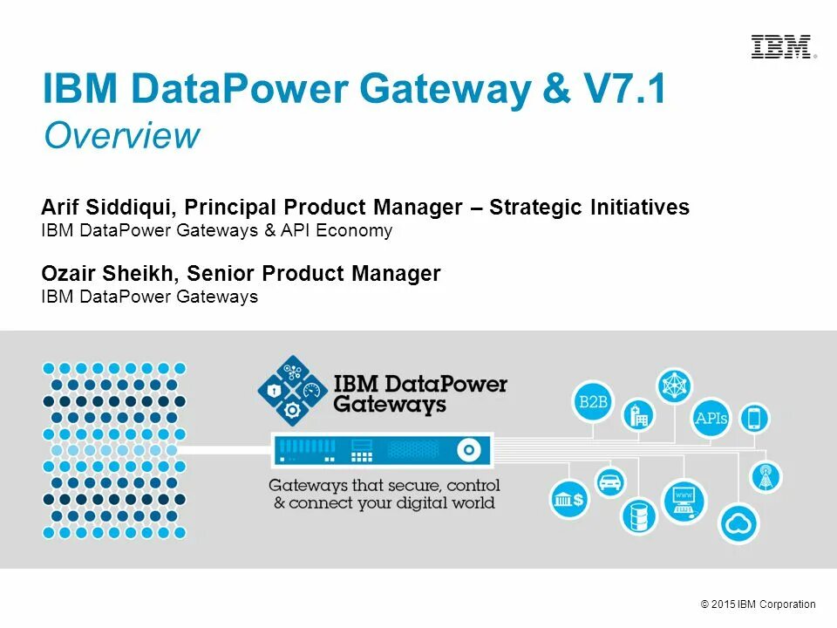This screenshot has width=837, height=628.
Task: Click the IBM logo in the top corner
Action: point(782,47)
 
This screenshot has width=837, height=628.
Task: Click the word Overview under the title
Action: point(122,136)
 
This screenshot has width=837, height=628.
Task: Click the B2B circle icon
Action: point(593,402)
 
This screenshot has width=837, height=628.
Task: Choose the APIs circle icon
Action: point(711,418)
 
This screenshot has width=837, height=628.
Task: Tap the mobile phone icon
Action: point(754,419)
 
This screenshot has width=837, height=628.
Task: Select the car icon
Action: point(609,482)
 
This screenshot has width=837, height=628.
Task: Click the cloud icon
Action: point(738,523)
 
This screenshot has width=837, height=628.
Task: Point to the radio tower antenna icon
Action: point(767,477)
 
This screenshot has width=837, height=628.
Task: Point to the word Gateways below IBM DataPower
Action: point(390,404)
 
